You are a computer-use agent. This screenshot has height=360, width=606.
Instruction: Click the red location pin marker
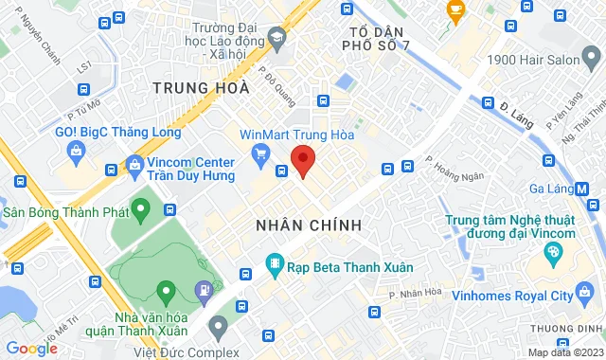(x=302, y=160)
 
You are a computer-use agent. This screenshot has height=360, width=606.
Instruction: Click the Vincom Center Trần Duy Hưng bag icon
(x=134, y=165)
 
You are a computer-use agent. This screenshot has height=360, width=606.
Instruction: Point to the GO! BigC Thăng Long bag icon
(x=74, y=149)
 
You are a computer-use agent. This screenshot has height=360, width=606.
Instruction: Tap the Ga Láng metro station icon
(x=582, y=188)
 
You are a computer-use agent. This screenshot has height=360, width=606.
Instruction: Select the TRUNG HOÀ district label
(x=201, y=88)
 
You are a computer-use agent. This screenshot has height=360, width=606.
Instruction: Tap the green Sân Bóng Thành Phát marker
(x=142, y=207)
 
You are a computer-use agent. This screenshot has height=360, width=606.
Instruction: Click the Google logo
(x=31, y=349)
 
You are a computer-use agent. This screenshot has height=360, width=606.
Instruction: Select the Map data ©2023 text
(x=564, y=352)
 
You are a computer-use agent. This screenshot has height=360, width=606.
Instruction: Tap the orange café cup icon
(x=456, y=11)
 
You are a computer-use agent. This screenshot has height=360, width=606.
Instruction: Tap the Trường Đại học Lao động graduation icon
(x=276, y=39)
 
